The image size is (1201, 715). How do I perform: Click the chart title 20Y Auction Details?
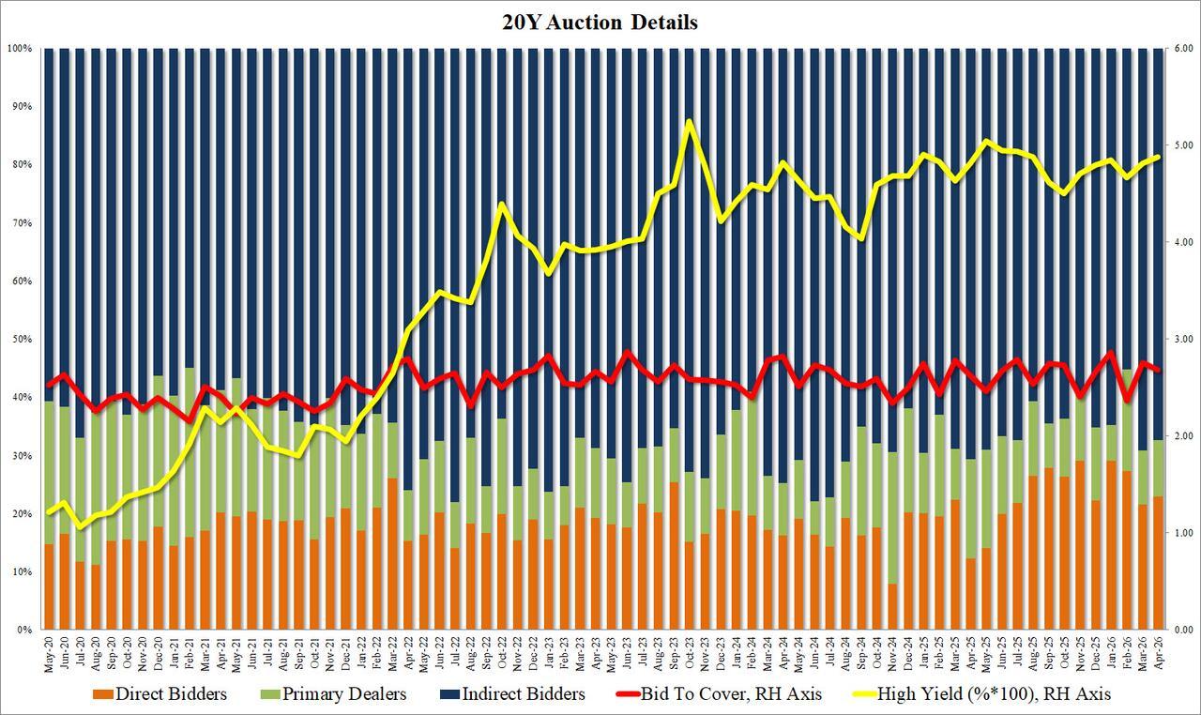coord(601,22)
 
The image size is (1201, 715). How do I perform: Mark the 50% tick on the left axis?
coord(21,339)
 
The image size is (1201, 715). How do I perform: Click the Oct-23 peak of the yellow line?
coord(691,122)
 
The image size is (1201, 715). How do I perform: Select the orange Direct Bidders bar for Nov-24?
coord(891,606)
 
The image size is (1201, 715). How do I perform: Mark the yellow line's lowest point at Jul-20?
coord(80,527)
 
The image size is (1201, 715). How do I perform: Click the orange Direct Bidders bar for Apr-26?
coord(1158,563)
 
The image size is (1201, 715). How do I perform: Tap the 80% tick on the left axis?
coord(21,164)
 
